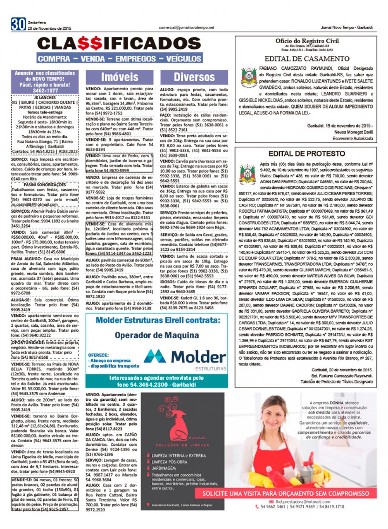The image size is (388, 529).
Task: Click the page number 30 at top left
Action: tap(18, 24)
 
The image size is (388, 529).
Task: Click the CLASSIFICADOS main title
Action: tap(119, 44)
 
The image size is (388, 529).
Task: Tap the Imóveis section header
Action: tap(120, 77)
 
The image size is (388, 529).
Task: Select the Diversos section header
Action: tap(194, 77)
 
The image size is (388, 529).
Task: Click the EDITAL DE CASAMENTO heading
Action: tap(307, 59)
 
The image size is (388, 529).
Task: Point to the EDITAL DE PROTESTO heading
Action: tap(307, 154)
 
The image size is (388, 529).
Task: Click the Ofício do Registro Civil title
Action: tap(307, 41)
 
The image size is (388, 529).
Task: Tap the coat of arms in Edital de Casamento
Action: tap(248, 77)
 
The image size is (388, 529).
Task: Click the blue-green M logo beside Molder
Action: tap(155, 356)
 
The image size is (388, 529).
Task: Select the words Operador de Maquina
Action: tap(157, 335)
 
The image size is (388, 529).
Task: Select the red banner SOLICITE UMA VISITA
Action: tap(286, 493)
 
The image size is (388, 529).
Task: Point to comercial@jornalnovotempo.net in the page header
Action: tap(186, 27)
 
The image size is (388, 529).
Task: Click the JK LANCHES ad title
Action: tap(45, 98)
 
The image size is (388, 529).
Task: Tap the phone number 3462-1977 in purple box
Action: tap(45, 91)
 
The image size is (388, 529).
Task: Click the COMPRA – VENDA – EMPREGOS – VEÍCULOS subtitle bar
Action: tap(120, 59)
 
